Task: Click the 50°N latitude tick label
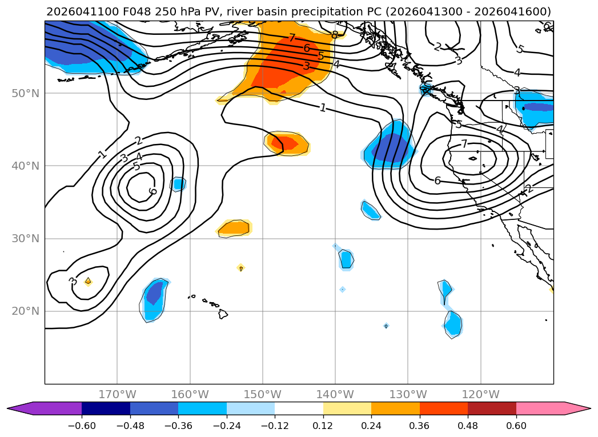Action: coord(25,94)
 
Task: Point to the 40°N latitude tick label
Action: coord(25,166)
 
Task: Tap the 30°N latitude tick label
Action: coord(25,239)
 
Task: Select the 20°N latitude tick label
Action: coord(25,311)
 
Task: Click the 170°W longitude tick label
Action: coord(118,394)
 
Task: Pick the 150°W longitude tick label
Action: coord(263,394)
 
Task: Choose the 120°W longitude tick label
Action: coord(480,394)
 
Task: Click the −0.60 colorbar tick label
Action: coord(82,426)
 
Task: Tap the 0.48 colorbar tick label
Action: coord(468,426)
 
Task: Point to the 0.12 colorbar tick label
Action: coord(323,426)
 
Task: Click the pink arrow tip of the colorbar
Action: coord(591,408)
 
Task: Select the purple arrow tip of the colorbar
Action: coord(7,408)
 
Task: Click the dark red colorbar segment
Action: coord(492,408)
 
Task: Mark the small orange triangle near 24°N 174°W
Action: coord(88,282)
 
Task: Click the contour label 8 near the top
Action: coord(335,35)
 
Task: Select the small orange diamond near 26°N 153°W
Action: coord(240,268)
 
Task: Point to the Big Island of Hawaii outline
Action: coord(223,314)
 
